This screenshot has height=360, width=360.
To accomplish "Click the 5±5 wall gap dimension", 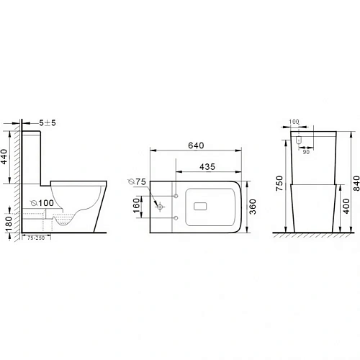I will point(48,123).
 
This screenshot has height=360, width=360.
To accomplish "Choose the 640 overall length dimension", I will point(195,145).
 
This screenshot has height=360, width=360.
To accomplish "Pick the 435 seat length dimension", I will point(207,166).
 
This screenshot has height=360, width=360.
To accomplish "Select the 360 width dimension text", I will point(253,207).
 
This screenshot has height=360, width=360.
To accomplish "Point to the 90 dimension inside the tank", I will point(306,151).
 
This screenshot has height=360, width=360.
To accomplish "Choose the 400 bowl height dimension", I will point(345,208).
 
